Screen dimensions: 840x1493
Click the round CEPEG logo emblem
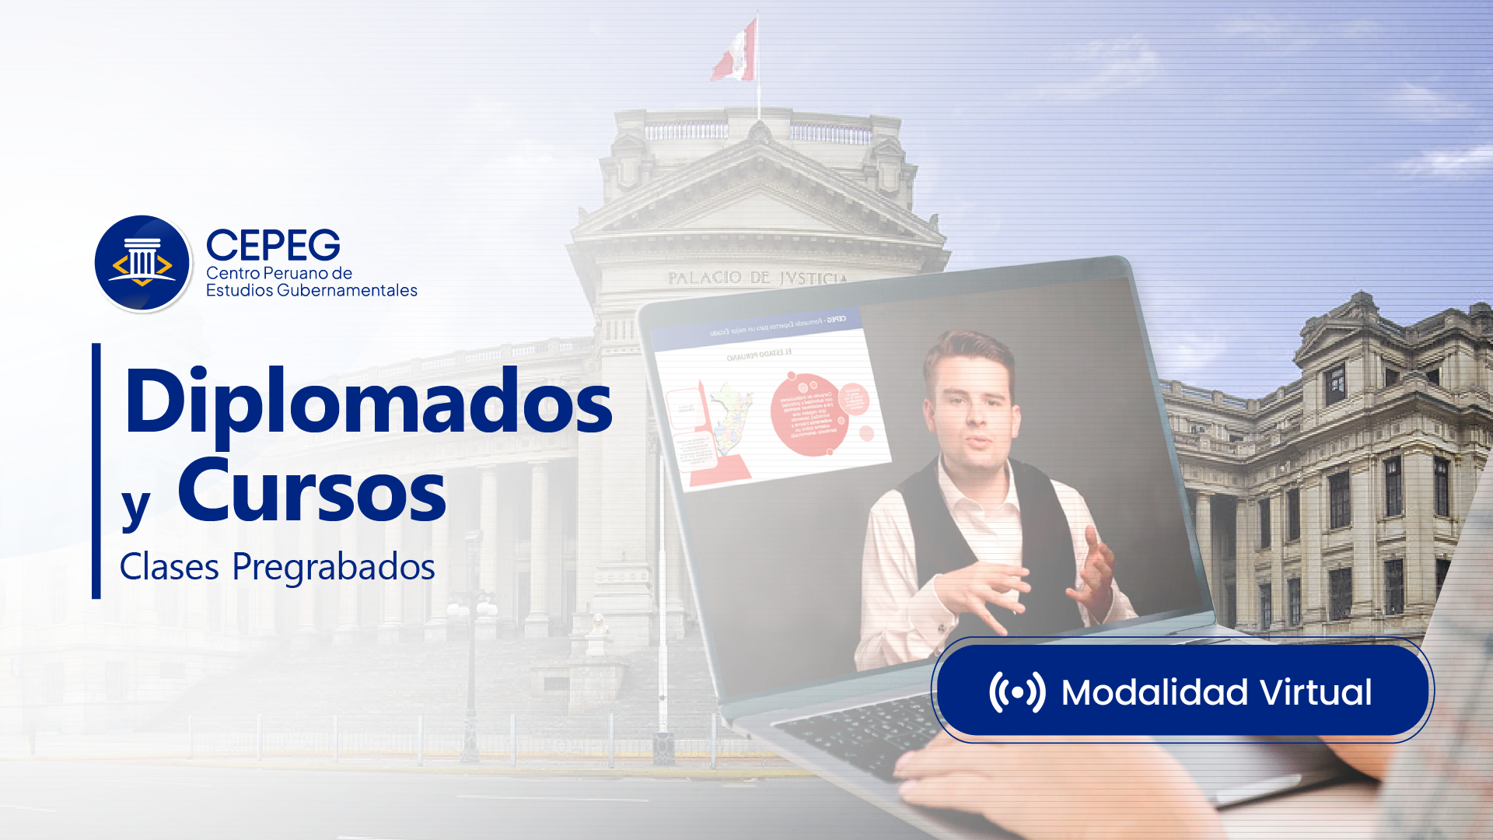click(x=142, y=264)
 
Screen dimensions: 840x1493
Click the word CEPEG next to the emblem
click(x=273, y=245)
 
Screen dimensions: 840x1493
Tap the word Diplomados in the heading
click(x=369, y=403)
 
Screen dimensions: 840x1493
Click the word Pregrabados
click(x=334, y=567)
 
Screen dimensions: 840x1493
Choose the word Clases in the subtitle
click(x=169, y=567)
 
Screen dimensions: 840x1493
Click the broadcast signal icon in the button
click(x=1016, y=691)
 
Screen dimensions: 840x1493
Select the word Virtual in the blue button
click(x=1316, y=692)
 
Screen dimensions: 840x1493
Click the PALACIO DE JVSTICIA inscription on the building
click(x=757, y=278)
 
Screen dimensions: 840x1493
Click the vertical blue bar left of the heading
click(x=96, y=471)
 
